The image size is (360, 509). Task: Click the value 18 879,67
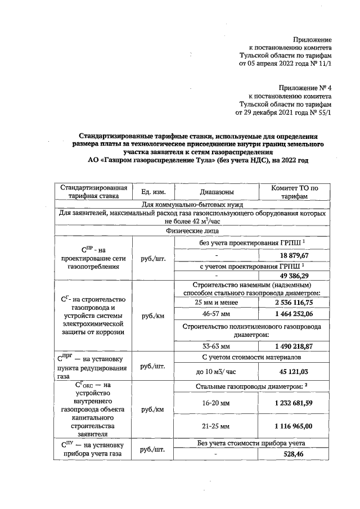pyautogui.click(x=294, y=254)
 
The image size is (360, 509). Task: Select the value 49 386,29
pyautogui.click(x=294, y=276)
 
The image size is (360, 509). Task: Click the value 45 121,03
pyautogui.click(x=294, y=371)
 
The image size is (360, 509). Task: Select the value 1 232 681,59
pyautogui.click(x=294, y=403)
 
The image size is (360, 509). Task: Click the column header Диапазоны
pyautogui.click(x=217, y=192)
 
